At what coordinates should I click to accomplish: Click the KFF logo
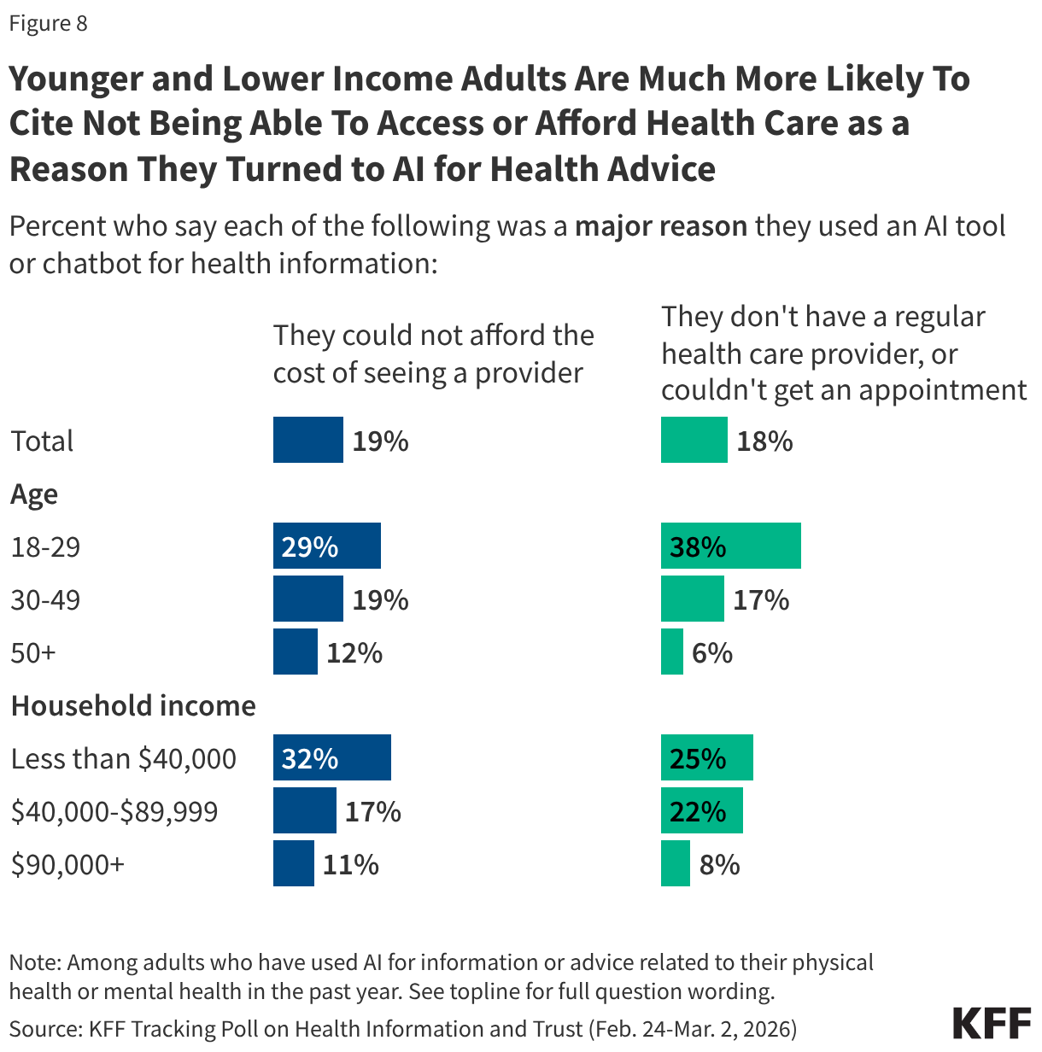coord(991,1022)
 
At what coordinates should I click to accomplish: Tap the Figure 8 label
coord(48,23)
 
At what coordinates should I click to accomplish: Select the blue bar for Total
coord(307,440)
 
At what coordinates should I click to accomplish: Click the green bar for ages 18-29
coord(730,546)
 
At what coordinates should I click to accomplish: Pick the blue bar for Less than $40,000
coord(331,757)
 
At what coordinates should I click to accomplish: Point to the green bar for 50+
coord(671,652)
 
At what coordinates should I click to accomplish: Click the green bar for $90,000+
coord(675,863)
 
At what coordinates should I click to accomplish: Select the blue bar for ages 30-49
coord(307,599)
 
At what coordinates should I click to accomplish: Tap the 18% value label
coord(764,441)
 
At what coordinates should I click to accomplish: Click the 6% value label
coord(712,653)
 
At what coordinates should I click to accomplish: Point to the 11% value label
coord(350,865)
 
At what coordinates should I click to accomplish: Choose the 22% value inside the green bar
coord(698,811)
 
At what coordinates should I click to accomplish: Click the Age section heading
coord(34,494)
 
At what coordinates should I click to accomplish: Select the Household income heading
coord(133,706)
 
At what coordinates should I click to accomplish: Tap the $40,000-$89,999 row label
coord(114,811)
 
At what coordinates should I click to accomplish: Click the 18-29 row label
coord(45,547)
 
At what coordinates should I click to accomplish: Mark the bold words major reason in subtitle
coord(661,226)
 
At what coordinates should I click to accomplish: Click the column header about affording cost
coord(433,354)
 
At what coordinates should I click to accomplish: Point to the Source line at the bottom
coord(402,1028)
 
